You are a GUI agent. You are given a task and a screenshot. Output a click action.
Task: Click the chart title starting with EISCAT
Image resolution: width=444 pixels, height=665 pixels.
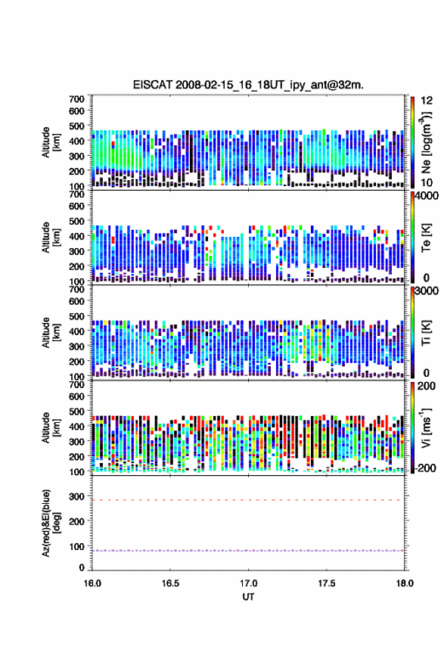pyautogui.click(x=248, y=85)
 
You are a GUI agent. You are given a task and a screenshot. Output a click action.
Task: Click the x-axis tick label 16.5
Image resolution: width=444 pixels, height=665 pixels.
pyautogui.click(x=170, y=583)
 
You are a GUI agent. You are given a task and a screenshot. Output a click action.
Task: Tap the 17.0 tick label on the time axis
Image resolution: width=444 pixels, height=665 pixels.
pyautogui.click(x=248, y=583)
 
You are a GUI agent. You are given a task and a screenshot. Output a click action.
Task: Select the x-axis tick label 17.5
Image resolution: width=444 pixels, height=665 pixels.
pyautogui.click(x=327, y=583)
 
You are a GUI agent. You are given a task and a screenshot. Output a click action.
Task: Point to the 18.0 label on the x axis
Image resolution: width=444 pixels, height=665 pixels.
pyautogui.click(x=405, y=583)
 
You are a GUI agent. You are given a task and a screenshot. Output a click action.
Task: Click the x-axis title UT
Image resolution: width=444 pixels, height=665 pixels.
pyautogui.click(x=248, y=597)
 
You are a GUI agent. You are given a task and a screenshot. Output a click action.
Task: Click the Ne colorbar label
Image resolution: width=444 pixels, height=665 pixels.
pyautogui.click(x=426, y=142)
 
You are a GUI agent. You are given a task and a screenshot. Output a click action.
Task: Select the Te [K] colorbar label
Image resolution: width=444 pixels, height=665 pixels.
pyautogui.click(x=426, y=238)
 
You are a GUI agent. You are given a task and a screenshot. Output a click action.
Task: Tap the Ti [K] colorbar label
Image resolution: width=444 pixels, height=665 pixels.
pyautogui.click(x=426, y=333)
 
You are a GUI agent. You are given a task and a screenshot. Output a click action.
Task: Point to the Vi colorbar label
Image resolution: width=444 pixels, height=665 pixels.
pyautogui.click(x=426, y=427)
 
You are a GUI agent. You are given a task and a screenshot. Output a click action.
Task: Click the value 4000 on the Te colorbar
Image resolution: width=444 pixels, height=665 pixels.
pyautogui.click(x=426, y=196)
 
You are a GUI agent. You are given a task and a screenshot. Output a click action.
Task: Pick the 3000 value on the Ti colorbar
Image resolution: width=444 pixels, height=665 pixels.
pyautogui.click(x=426, y=291)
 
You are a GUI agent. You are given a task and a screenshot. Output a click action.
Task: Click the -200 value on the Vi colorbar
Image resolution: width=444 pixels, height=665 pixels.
pyautogui.click(x=425, y=468)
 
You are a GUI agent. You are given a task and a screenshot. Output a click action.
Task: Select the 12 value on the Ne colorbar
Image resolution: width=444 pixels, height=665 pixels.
pyautogui.click(x=427, y=101)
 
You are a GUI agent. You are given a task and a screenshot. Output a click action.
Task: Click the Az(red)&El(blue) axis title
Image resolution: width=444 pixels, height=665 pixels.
pyautogui.click(x=51, y=523)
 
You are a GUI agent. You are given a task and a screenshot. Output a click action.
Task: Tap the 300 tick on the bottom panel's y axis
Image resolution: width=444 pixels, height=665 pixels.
pyautogui.click(x=76, y=496)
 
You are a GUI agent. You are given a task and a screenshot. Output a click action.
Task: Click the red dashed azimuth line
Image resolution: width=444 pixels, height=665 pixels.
pyautogui.click(x=247, y=500)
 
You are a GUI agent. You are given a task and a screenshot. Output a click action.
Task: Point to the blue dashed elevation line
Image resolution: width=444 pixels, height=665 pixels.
pyautogui.click(x=247, y=551)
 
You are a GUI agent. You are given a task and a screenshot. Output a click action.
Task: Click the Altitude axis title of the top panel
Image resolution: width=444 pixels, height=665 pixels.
pyautogui.click(x=51, y=142)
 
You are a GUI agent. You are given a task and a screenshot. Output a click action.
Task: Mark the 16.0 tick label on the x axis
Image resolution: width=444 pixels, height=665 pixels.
pyautogui.click(x=92, y=583)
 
